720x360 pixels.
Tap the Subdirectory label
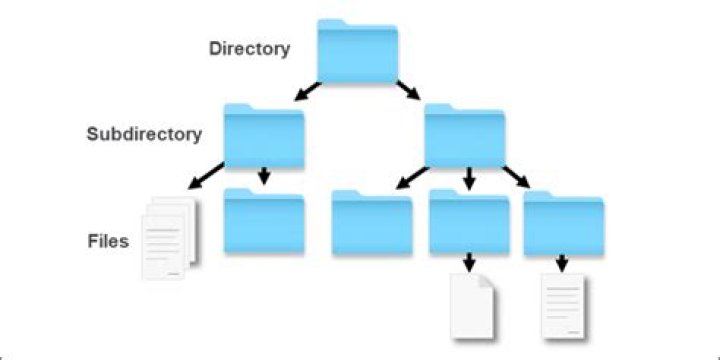(144, 133)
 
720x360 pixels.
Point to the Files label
(107, 241)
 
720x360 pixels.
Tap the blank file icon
(471, 304)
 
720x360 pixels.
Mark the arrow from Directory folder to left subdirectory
(306, 93)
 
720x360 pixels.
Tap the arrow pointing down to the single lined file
(563, 262)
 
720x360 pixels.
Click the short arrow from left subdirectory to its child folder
(264, 176)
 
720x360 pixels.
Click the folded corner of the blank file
(487, 281)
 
